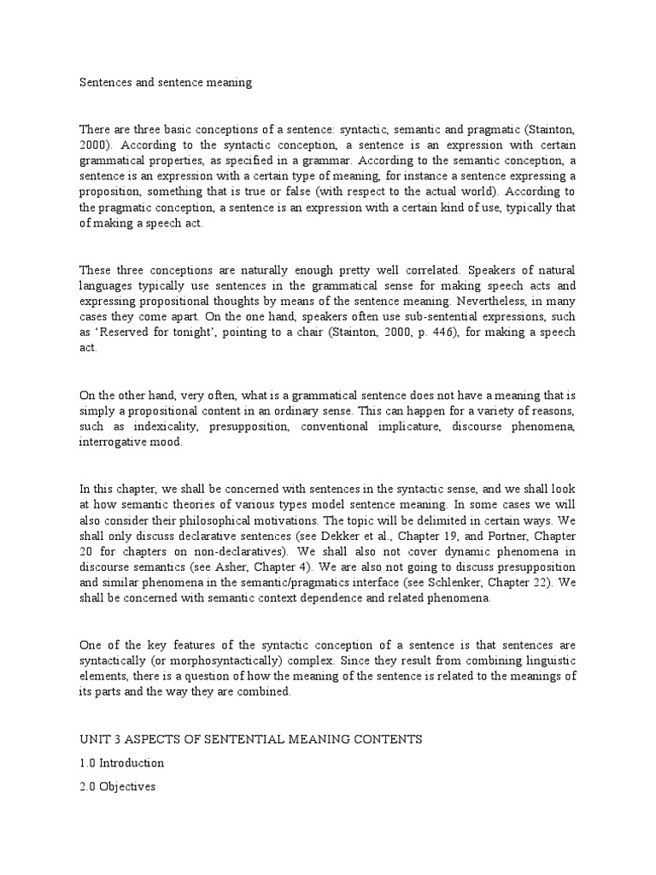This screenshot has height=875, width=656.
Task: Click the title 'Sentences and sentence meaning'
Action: (166, 83)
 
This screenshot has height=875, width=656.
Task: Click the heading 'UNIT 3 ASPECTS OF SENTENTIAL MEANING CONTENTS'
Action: (251, 739)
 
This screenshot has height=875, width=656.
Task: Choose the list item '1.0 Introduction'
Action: (121, 763)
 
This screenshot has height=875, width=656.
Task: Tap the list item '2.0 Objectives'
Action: (117, 787)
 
